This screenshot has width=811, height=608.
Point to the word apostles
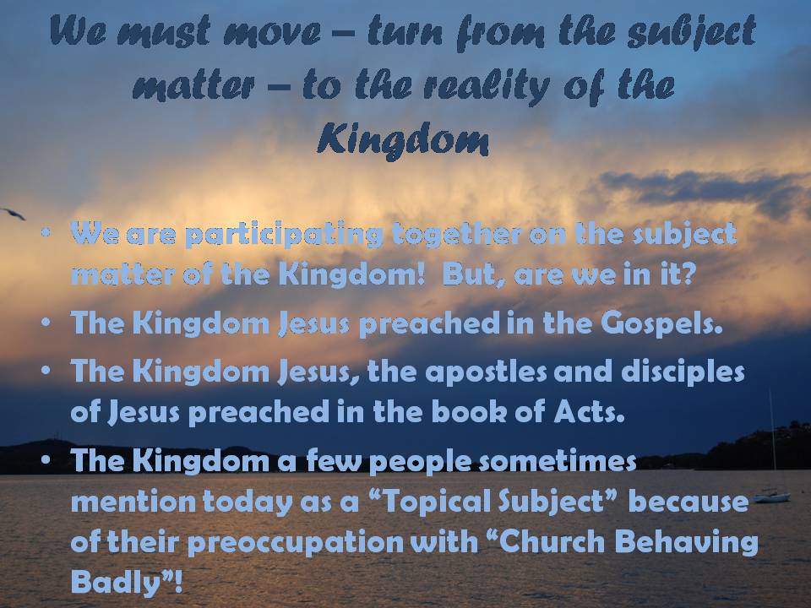point(486,372)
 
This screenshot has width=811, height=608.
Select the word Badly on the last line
point(116,582)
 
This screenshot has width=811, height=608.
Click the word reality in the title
point(487,86)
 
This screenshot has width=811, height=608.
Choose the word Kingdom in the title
point(403,139)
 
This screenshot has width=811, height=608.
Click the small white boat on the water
point(771,497)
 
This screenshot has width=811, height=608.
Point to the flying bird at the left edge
point(13,214)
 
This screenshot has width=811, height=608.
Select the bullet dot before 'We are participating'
point(46,233)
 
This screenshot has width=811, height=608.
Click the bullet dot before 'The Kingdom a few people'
point(46,459)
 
